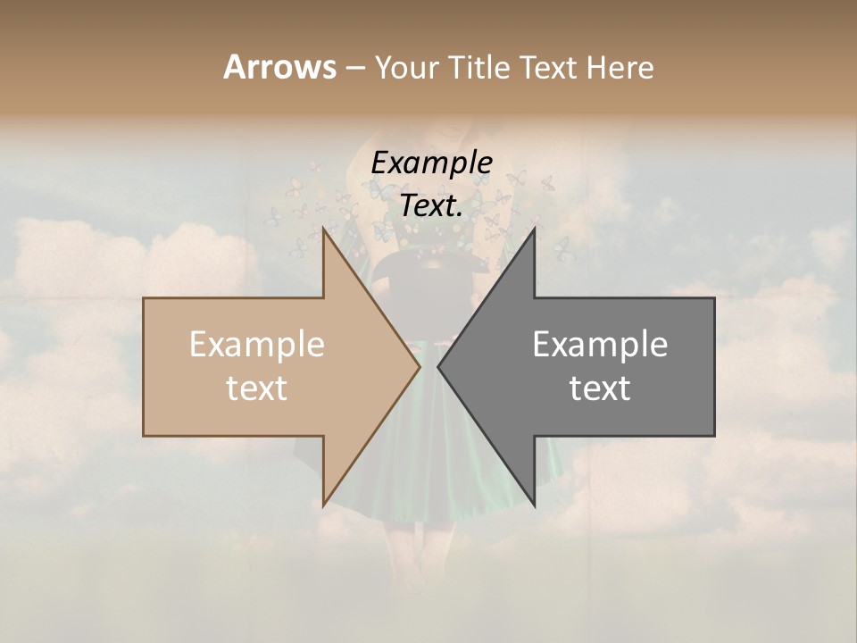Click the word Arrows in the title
(279, 67)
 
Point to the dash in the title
(354, 68)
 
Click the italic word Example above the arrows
(432, 163)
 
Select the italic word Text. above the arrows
(432, 205)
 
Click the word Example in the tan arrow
(257, 345)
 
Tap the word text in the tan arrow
(257, 388)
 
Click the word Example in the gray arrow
(600, 345)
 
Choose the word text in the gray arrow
(600, 388)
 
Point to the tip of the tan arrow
(420, 366)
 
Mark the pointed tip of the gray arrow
(438, 366)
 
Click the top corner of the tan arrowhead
(323, 229)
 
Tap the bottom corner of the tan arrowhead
(323, 505)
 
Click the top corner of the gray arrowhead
(534, 229)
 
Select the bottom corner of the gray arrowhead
(534, 505)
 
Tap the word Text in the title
(548, 67)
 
